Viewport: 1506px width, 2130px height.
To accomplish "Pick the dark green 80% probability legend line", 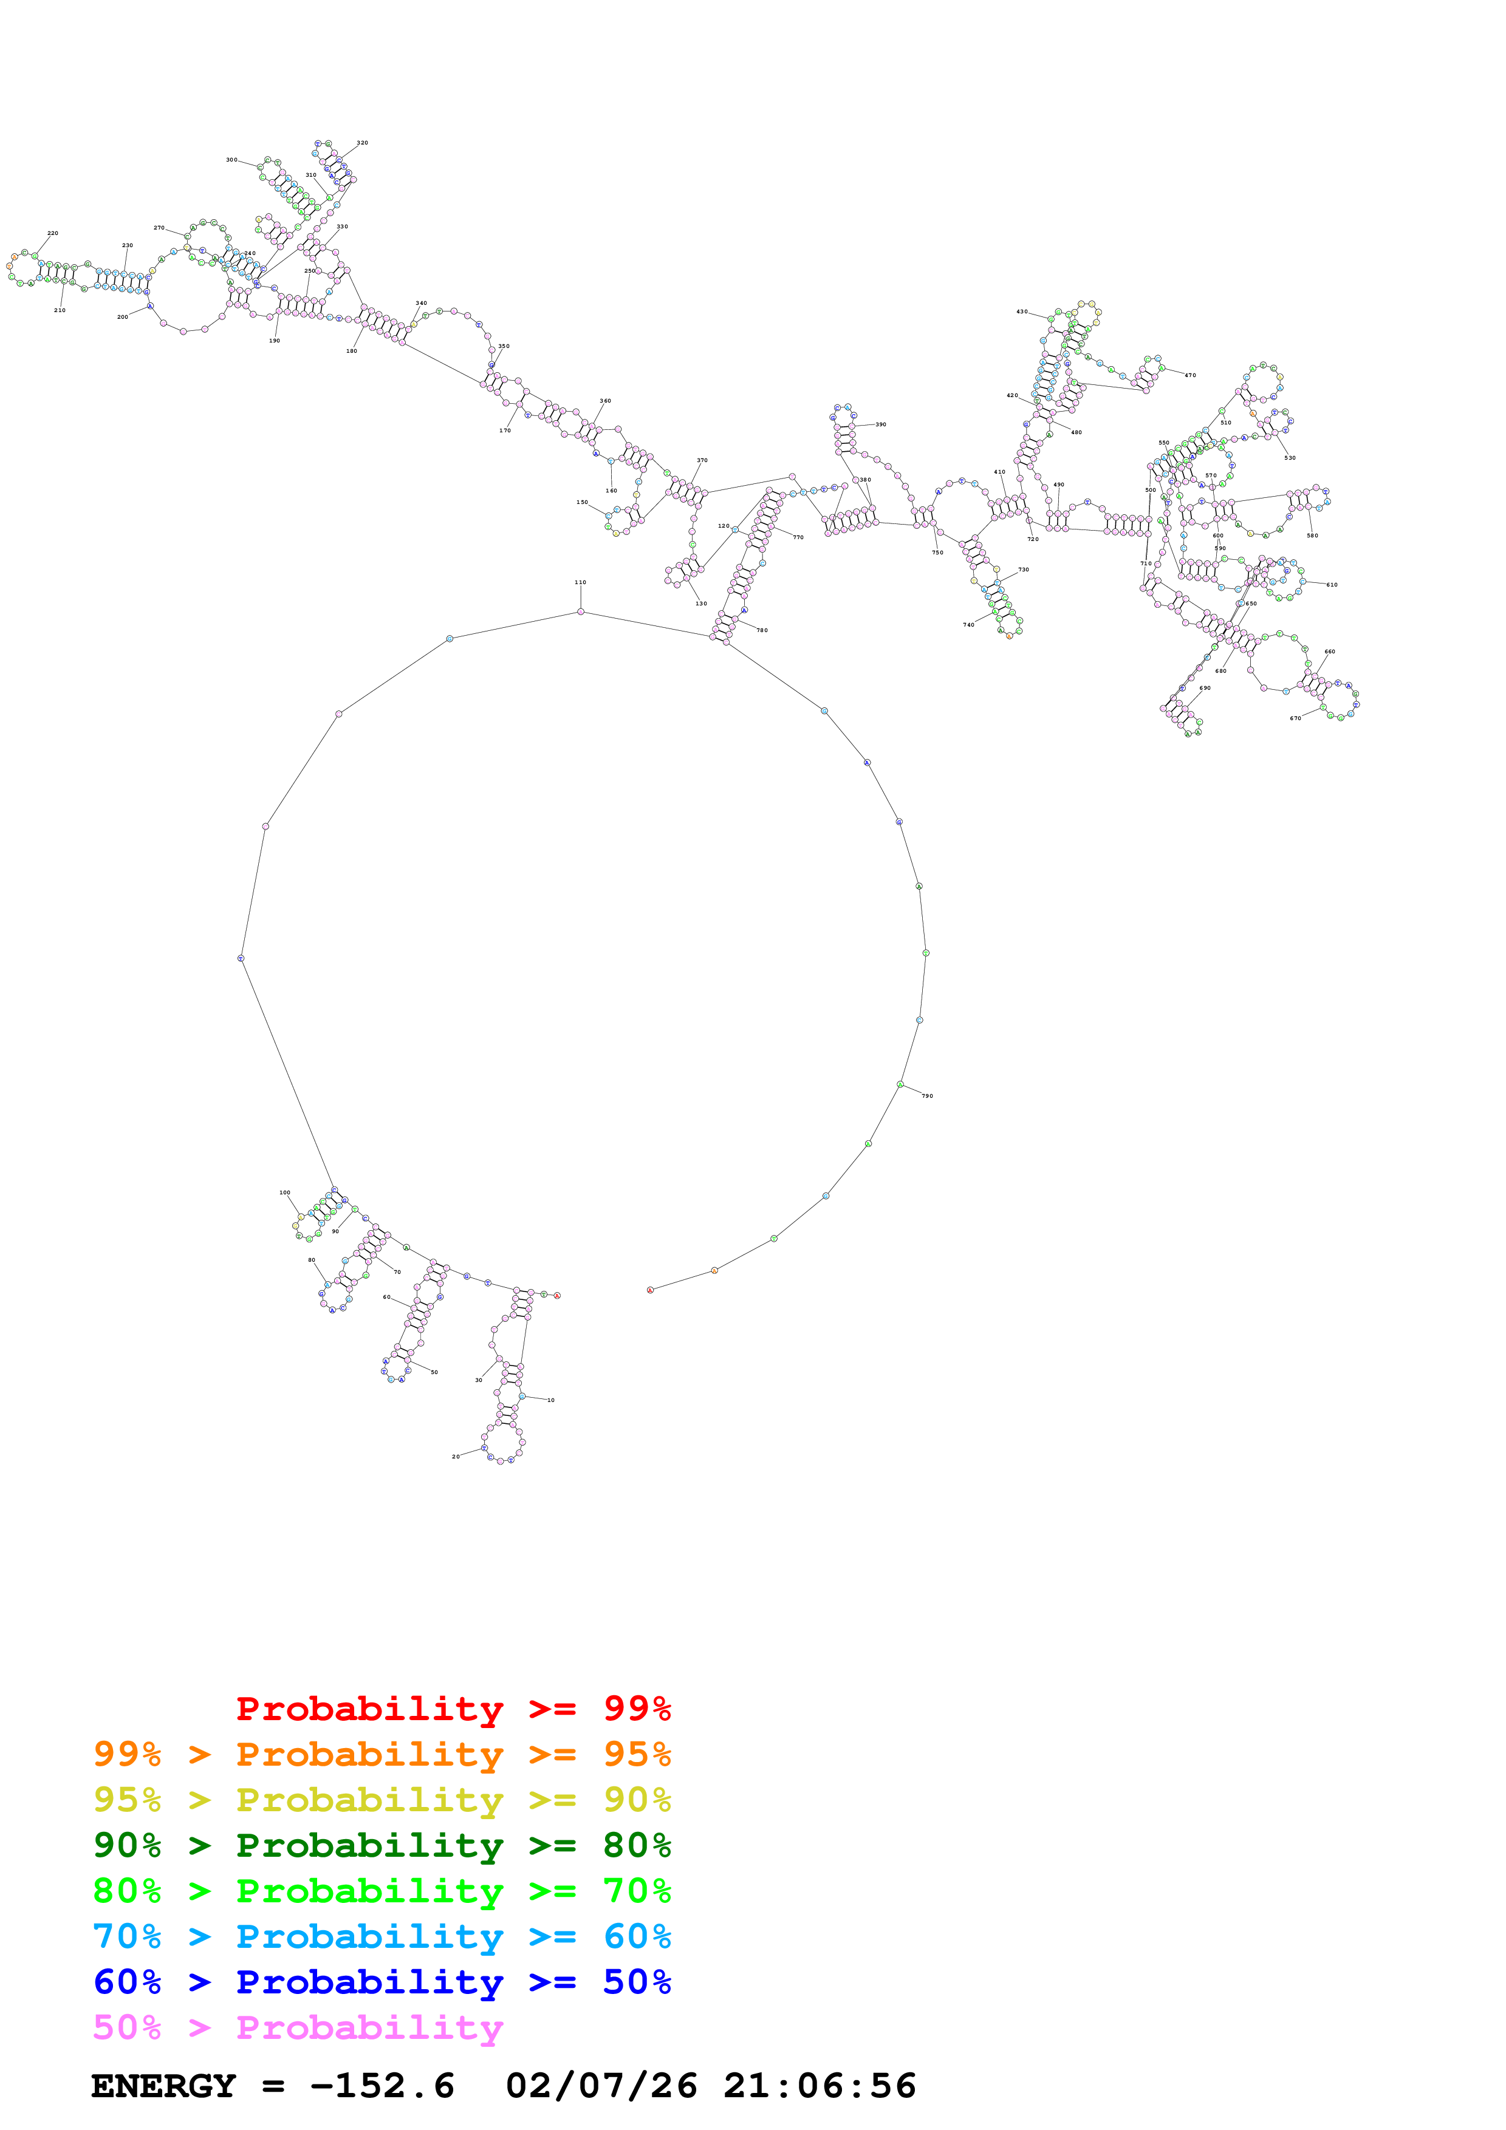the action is coord(382,1845).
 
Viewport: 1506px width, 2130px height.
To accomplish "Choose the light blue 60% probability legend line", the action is coord(382,1936).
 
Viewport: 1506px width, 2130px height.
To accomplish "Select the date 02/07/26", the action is coord(601,2086).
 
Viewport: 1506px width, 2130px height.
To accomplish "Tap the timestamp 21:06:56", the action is coord(820,2086).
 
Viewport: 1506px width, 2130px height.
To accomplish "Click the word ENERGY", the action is coord(163,2086).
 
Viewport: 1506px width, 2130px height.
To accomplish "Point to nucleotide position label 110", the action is coord(580,583).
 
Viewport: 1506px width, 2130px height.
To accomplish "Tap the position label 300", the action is coord(231,160).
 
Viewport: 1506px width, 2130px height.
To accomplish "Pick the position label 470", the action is coord(1189,376).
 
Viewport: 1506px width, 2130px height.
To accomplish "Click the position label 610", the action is coord(1332,585).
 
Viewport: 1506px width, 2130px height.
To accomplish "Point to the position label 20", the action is coord(456,1457).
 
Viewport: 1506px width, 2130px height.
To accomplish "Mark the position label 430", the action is coord(1022,311).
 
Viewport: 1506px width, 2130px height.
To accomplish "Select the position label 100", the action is coord(285,1192).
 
